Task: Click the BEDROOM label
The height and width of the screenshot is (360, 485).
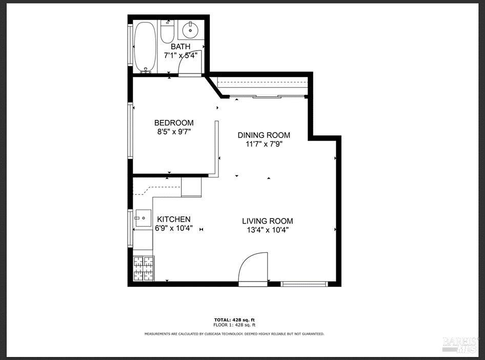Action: pos(174,123)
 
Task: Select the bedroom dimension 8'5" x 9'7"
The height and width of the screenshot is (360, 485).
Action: pos(174,131)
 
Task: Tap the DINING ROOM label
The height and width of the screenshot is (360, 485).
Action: pos(264,135)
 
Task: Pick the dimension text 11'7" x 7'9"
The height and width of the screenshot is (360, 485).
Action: pos(264,144)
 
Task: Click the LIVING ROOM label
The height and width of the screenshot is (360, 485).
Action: pos(268,221)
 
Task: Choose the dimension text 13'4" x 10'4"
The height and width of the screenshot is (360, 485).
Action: pos(268,230)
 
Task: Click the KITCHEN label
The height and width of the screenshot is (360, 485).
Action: pos(174,219)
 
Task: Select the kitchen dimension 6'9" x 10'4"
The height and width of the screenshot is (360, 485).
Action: pos(174,228)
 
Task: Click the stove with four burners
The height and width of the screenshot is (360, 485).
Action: pos(143,268)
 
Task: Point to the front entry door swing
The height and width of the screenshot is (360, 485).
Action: pos(254,266)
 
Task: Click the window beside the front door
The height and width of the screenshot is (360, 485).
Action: pos(305,283)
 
